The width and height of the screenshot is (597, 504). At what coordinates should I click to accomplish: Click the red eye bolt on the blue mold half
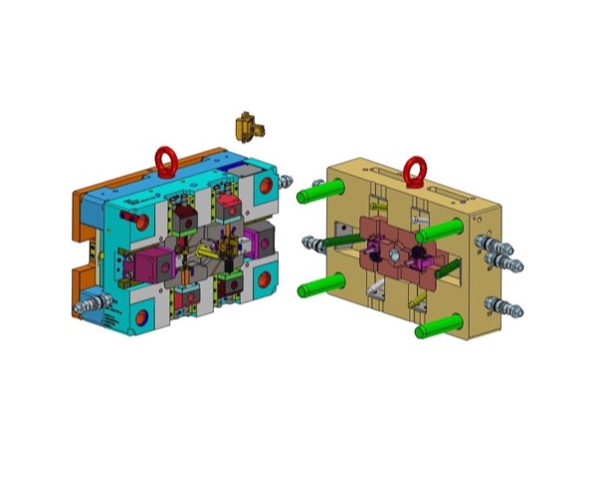[x=163, y=159]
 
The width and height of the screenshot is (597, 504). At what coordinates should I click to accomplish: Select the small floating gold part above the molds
[x=245, y=126]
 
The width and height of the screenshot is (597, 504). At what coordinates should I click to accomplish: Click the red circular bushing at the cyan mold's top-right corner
[x=268, y=186]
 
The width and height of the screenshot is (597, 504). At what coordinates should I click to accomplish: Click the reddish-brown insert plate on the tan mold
[x=398, y=253]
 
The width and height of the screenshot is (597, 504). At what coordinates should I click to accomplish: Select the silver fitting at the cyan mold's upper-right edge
[x=287, y=183]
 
